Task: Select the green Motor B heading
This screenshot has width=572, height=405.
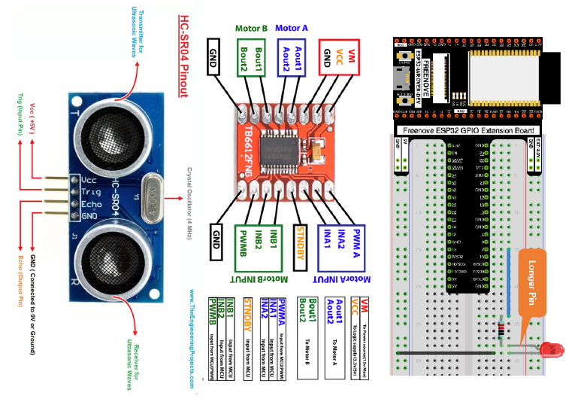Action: point(251,28)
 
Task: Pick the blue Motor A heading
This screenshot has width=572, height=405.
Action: point(292,28)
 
